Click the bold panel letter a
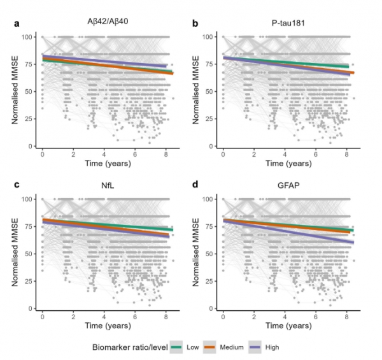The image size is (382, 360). [x=17, y=24]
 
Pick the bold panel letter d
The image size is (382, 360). [x=196, y=186]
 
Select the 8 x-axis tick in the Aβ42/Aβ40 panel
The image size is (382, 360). [x=166, y=155]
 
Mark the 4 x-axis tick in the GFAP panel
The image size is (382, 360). [x=285, y=317]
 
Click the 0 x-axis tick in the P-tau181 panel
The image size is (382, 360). [x=223, y=155]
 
